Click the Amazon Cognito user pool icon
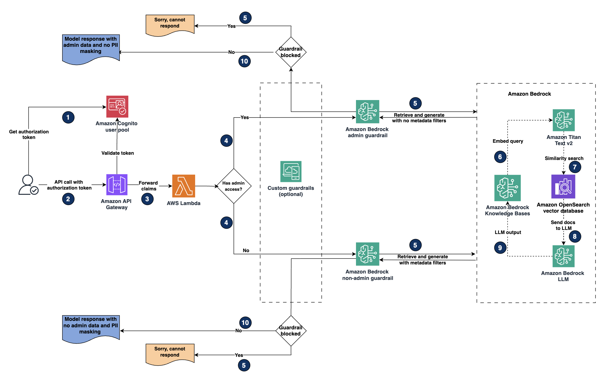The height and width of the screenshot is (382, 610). click(117, 106)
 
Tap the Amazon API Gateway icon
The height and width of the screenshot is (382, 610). click(117, 185)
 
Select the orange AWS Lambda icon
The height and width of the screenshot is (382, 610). click(183, 186)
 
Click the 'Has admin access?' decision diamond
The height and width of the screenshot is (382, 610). click(234, 186)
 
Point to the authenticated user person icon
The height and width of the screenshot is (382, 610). click(28, 185)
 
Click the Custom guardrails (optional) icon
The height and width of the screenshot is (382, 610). click(291, 172)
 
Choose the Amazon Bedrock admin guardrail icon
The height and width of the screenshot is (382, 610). click(367, 111)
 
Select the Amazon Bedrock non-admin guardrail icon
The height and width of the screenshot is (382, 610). click(367, 254)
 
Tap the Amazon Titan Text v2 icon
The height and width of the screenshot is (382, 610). click(563, 120)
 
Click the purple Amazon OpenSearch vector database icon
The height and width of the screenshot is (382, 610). click(563, 187)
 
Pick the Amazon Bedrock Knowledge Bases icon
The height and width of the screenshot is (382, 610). click(507, 188)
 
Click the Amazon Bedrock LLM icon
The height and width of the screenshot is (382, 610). click(563, 256)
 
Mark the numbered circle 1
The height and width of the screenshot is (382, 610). click(68, 118)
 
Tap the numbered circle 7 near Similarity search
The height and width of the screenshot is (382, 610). click(575, 167)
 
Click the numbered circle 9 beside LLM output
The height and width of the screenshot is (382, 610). click(500, 248)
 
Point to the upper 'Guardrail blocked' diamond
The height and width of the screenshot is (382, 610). click(291, 52)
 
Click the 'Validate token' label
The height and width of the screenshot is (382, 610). click(117, 153)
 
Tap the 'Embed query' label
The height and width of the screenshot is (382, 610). click(508, 141)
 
